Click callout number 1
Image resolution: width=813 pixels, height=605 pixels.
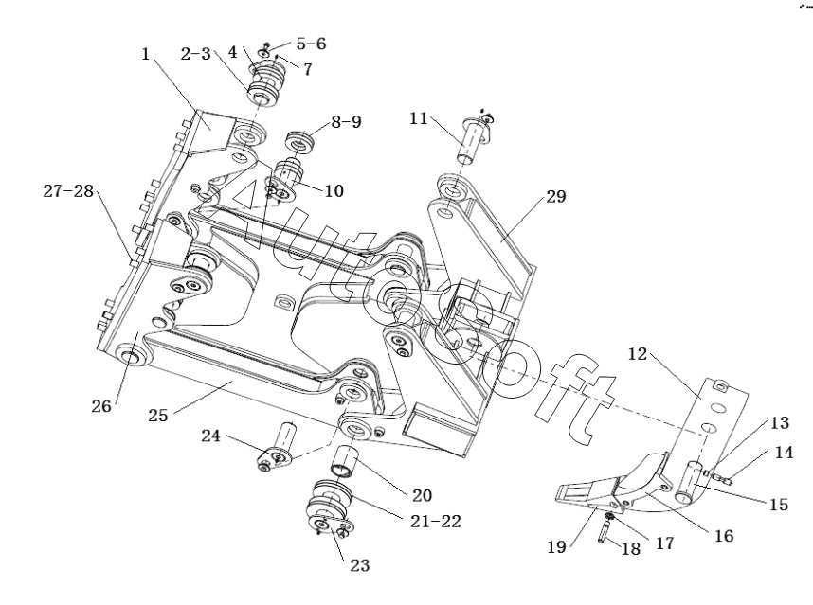145,54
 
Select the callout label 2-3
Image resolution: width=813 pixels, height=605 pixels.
196,53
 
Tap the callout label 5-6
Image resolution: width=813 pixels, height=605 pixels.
311,44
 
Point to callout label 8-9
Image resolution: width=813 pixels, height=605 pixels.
347,122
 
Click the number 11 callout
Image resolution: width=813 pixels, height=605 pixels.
419,118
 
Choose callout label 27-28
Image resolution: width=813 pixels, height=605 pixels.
68,191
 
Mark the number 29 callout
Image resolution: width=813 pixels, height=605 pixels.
556,196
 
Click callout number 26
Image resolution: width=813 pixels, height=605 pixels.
101,406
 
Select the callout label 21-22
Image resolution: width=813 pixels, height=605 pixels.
436,521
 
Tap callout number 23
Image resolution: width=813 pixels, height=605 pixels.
360,565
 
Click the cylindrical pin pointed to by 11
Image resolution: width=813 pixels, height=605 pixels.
471,141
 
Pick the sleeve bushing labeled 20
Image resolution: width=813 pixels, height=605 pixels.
344,461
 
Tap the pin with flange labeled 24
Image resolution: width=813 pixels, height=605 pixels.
277,447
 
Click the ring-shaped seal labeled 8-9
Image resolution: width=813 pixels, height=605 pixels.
300,141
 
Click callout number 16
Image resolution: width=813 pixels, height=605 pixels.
724,536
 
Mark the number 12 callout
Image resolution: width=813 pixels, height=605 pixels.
638,354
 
